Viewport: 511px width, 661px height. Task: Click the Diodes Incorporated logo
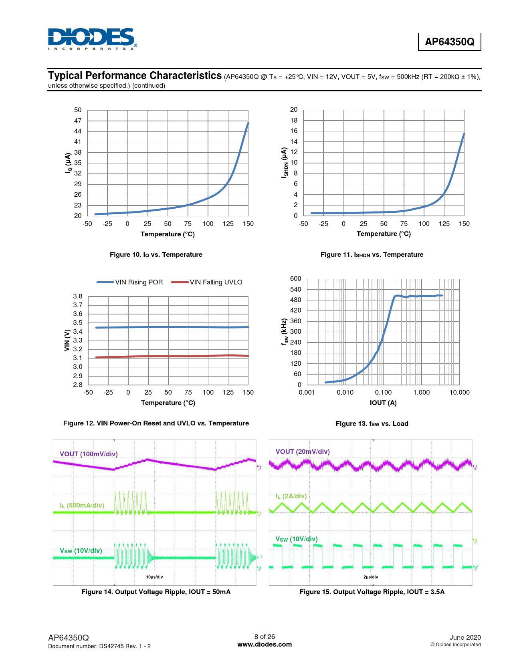coord(92,39)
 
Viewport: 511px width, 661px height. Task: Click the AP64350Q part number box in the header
coord(449,42)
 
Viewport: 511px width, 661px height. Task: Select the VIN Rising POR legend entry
coord(130,282)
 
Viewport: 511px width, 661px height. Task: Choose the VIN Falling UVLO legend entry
coord(207,282)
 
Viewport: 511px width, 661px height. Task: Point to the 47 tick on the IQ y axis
coord(78,121)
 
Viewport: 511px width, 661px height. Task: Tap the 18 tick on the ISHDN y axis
coord(294,120)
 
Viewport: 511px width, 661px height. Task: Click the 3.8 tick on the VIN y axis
coord(78,296)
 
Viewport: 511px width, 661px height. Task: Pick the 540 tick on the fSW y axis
coord(295,289)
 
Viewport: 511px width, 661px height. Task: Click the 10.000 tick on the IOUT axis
coord(459,393)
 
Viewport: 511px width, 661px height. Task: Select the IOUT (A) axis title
coord(383,403)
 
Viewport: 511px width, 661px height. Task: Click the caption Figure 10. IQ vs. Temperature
coord(156,255)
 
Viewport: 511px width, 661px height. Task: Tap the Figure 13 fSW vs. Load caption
coord(372,424)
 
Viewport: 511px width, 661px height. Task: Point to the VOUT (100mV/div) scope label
coord(89,454)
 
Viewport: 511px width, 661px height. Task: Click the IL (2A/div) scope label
coord(291,496)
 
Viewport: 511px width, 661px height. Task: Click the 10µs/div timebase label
coord(154,577)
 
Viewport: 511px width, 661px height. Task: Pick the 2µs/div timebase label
coord(370,577)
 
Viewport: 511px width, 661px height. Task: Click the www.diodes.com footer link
coord(265,645)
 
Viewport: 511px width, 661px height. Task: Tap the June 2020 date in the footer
coord(465,637)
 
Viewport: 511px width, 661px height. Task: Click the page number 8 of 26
coord(265,637)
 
